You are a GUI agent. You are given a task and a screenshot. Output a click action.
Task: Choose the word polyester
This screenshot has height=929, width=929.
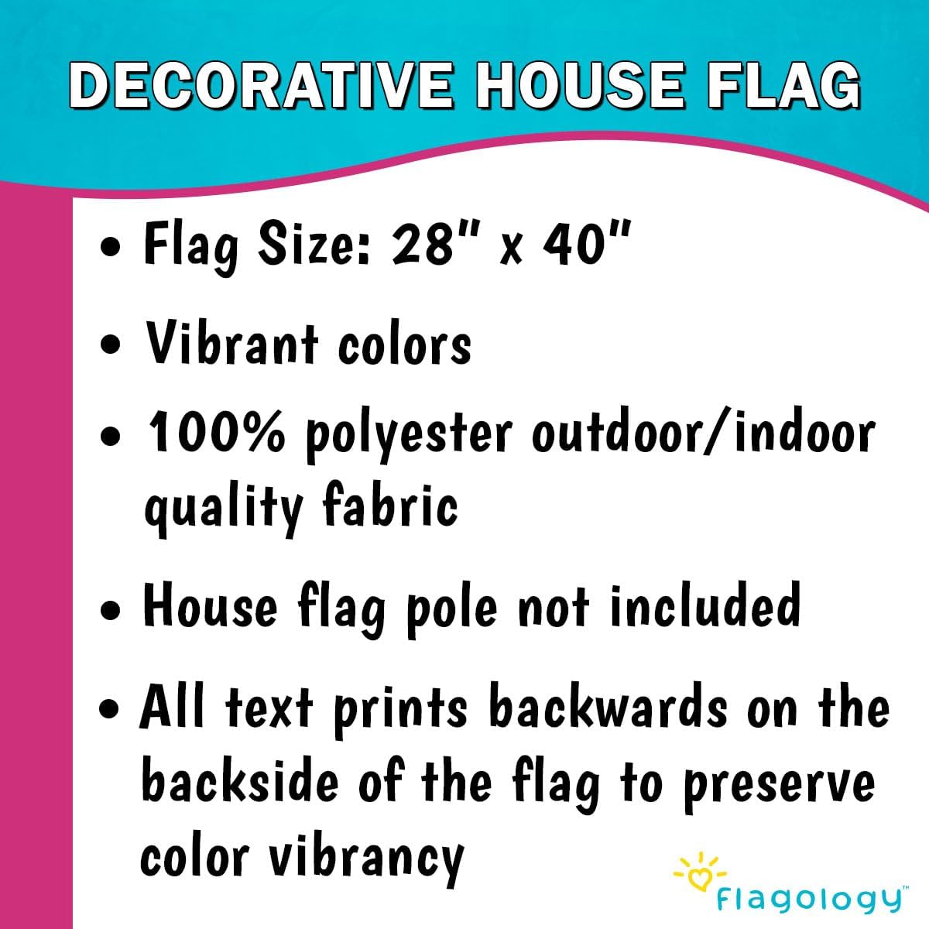click(409, 436)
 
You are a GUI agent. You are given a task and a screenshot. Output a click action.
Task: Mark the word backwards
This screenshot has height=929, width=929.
click(608, 708)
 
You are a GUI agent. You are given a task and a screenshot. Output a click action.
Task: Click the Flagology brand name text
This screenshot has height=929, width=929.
click(809, 900)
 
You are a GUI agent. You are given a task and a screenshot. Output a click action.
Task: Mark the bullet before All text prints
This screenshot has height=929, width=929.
click(114, 708)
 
